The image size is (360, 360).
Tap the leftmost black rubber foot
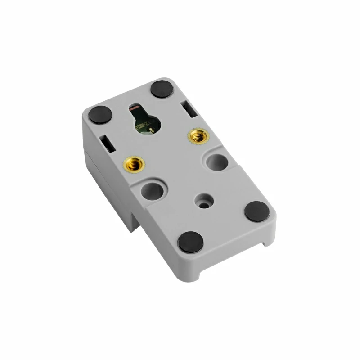(100, 115)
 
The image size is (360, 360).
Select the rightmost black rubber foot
(257, 211)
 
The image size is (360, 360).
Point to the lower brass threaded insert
(132, 164)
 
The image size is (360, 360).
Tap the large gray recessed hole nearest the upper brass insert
(217, 162)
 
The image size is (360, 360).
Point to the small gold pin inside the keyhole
(152, 130)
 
